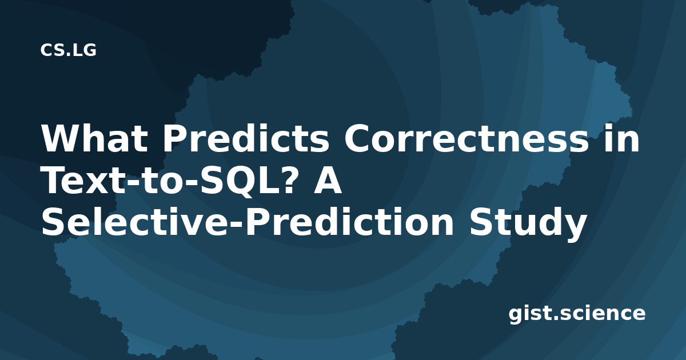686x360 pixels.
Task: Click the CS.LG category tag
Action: (x=68, y=50)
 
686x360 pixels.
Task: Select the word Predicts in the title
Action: (x=246, y=138)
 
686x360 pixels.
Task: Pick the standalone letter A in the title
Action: (x=328, y=181)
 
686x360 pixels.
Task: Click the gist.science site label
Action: (x=577, y=314)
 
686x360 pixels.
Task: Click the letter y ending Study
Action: (x=574, y=228)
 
